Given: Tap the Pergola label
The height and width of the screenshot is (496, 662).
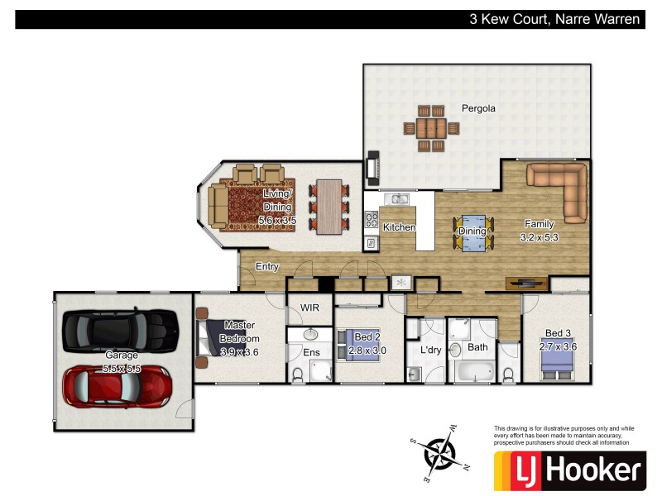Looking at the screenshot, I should (x=478, y=108).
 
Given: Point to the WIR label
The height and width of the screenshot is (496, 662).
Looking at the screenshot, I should (x=309, y=307).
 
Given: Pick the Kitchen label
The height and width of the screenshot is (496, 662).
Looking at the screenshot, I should (x=399, y=227).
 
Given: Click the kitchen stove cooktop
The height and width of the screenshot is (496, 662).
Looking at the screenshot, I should (x=372, y=220).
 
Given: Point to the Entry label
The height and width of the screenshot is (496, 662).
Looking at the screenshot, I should (x=266, y=266).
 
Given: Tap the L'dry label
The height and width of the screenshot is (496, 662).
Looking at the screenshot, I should (x=431, y=351).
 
